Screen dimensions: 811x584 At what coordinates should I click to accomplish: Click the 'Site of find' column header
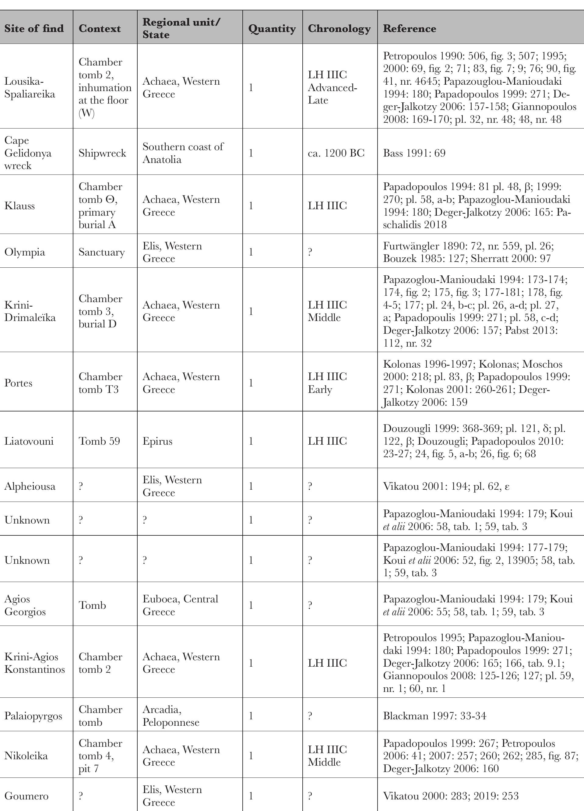click(x=34, y=28)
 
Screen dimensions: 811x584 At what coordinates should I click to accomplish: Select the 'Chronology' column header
click(x=339, y=28)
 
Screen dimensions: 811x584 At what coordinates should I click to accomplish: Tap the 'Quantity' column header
click(x=272, y=28)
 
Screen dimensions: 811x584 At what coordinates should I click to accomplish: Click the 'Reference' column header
click(x=409, y=28)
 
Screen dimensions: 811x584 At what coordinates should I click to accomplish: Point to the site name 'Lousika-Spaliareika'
click(x=30, y=88)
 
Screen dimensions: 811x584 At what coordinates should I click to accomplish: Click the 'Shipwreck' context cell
click(x=102, y=153)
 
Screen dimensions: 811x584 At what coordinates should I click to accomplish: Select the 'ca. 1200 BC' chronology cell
click(x=336, y=153)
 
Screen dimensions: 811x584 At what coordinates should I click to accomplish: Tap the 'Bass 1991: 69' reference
click(x=414, y=153)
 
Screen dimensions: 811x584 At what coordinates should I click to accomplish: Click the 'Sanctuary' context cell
click(x=101, y=252)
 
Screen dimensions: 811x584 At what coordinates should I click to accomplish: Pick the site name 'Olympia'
click(x=25, y=252)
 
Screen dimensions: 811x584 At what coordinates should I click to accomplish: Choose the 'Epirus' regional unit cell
click(x=157, y=441)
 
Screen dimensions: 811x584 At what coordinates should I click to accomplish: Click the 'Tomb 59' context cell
click(x=99, y=441)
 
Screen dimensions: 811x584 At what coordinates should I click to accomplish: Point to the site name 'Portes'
click(x=18, y=383)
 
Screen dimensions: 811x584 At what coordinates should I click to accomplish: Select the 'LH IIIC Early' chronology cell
click(x=327, y=383)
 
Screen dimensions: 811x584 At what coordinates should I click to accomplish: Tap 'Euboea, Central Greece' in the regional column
click(x=180, y=605)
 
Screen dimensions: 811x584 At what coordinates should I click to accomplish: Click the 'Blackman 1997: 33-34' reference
click(x=434, y=716)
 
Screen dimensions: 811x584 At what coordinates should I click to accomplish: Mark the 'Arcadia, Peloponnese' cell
click(x=171, y=716)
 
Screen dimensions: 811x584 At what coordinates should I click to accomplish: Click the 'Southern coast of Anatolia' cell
click(x=183, y=153)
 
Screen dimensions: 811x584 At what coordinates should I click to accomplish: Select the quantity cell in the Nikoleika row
click(x=251, y=756)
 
